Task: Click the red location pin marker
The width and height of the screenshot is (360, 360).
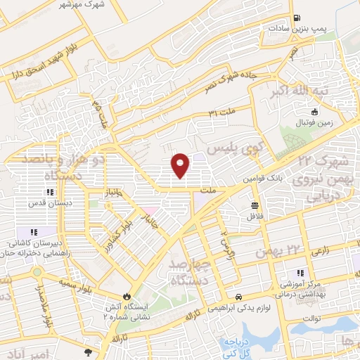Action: [181, 165]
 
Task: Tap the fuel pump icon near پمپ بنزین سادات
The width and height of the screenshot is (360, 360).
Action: [298, 18]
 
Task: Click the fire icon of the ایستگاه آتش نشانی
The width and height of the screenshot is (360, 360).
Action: [127, 297]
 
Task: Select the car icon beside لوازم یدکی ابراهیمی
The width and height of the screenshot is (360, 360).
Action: [240, 297]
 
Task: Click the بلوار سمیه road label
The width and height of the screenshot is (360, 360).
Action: [79, 282]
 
